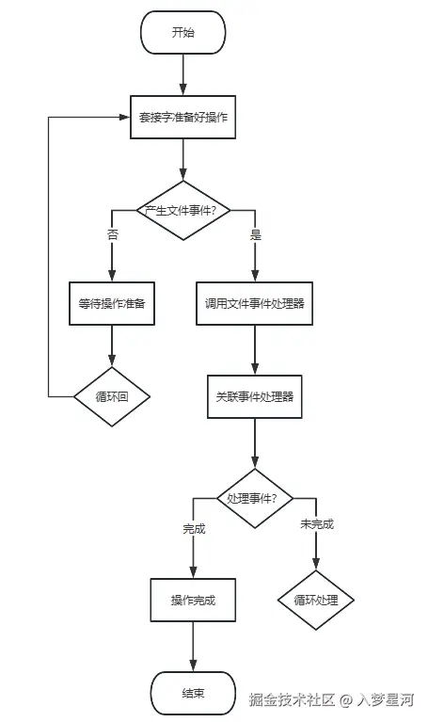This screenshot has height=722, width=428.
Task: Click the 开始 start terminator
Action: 182,33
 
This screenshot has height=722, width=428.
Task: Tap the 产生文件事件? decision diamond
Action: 182,210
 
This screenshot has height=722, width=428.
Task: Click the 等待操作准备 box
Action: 111,303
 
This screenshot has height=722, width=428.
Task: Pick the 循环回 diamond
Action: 111,396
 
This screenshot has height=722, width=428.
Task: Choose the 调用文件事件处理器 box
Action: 254,303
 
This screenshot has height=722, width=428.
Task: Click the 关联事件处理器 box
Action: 254,396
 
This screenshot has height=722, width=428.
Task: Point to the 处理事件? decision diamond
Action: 254,498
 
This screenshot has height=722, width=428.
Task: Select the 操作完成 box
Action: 193,600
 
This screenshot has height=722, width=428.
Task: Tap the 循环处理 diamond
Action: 315,600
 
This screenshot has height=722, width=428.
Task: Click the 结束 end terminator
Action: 193,694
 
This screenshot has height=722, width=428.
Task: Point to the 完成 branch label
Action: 194,528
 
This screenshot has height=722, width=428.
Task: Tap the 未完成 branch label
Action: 316,524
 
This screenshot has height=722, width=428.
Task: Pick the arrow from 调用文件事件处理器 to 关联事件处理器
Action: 254,349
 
